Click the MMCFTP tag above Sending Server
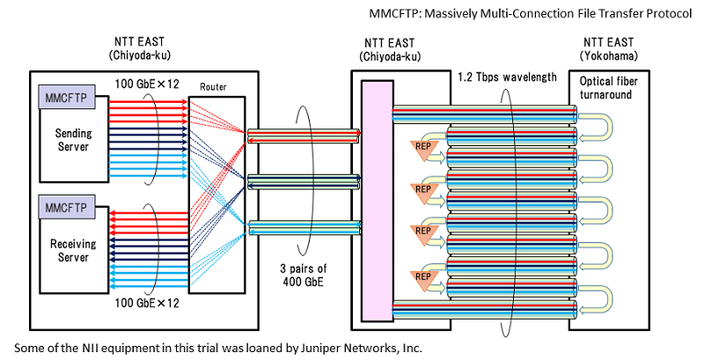(67, 97)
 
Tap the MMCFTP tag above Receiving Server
(67, 208)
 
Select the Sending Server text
(73, 140)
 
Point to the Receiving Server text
(73, 251)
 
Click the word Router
(213, 87)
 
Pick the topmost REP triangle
(423, 150)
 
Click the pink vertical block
(378, 201)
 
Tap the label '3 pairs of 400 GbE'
(303, 275)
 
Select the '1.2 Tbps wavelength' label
(508, 77)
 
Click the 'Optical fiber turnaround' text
(608, 88)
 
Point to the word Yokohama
(608, 56)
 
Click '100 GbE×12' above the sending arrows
(147, 84)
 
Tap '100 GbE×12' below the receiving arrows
(147, 303)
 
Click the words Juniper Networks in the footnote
(344, 348)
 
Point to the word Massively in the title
(451, 13)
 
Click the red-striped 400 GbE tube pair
(304, 136)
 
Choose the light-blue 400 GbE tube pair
(304, 228)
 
